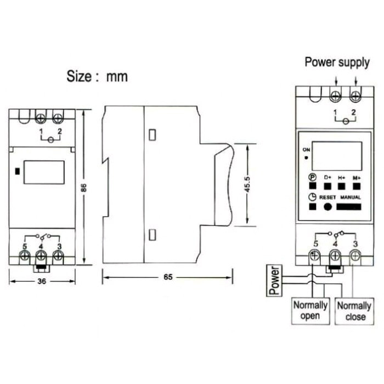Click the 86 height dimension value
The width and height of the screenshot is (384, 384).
(84, 188)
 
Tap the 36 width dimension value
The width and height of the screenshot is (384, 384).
(42, 281)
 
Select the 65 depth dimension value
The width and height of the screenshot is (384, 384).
(168, 277)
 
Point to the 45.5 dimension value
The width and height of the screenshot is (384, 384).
(247, 184)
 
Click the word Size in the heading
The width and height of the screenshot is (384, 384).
(79, 76)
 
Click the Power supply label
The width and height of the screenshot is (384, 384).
(337, 63)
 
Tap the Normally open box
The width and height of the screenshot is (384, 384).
(310, 311)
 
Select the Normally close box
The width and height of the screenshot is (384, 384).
(354, 311)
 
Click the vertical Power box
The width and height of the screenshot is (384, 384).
(274, 281)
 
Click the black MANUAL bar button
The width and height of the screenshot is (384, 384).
(349, 207)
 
